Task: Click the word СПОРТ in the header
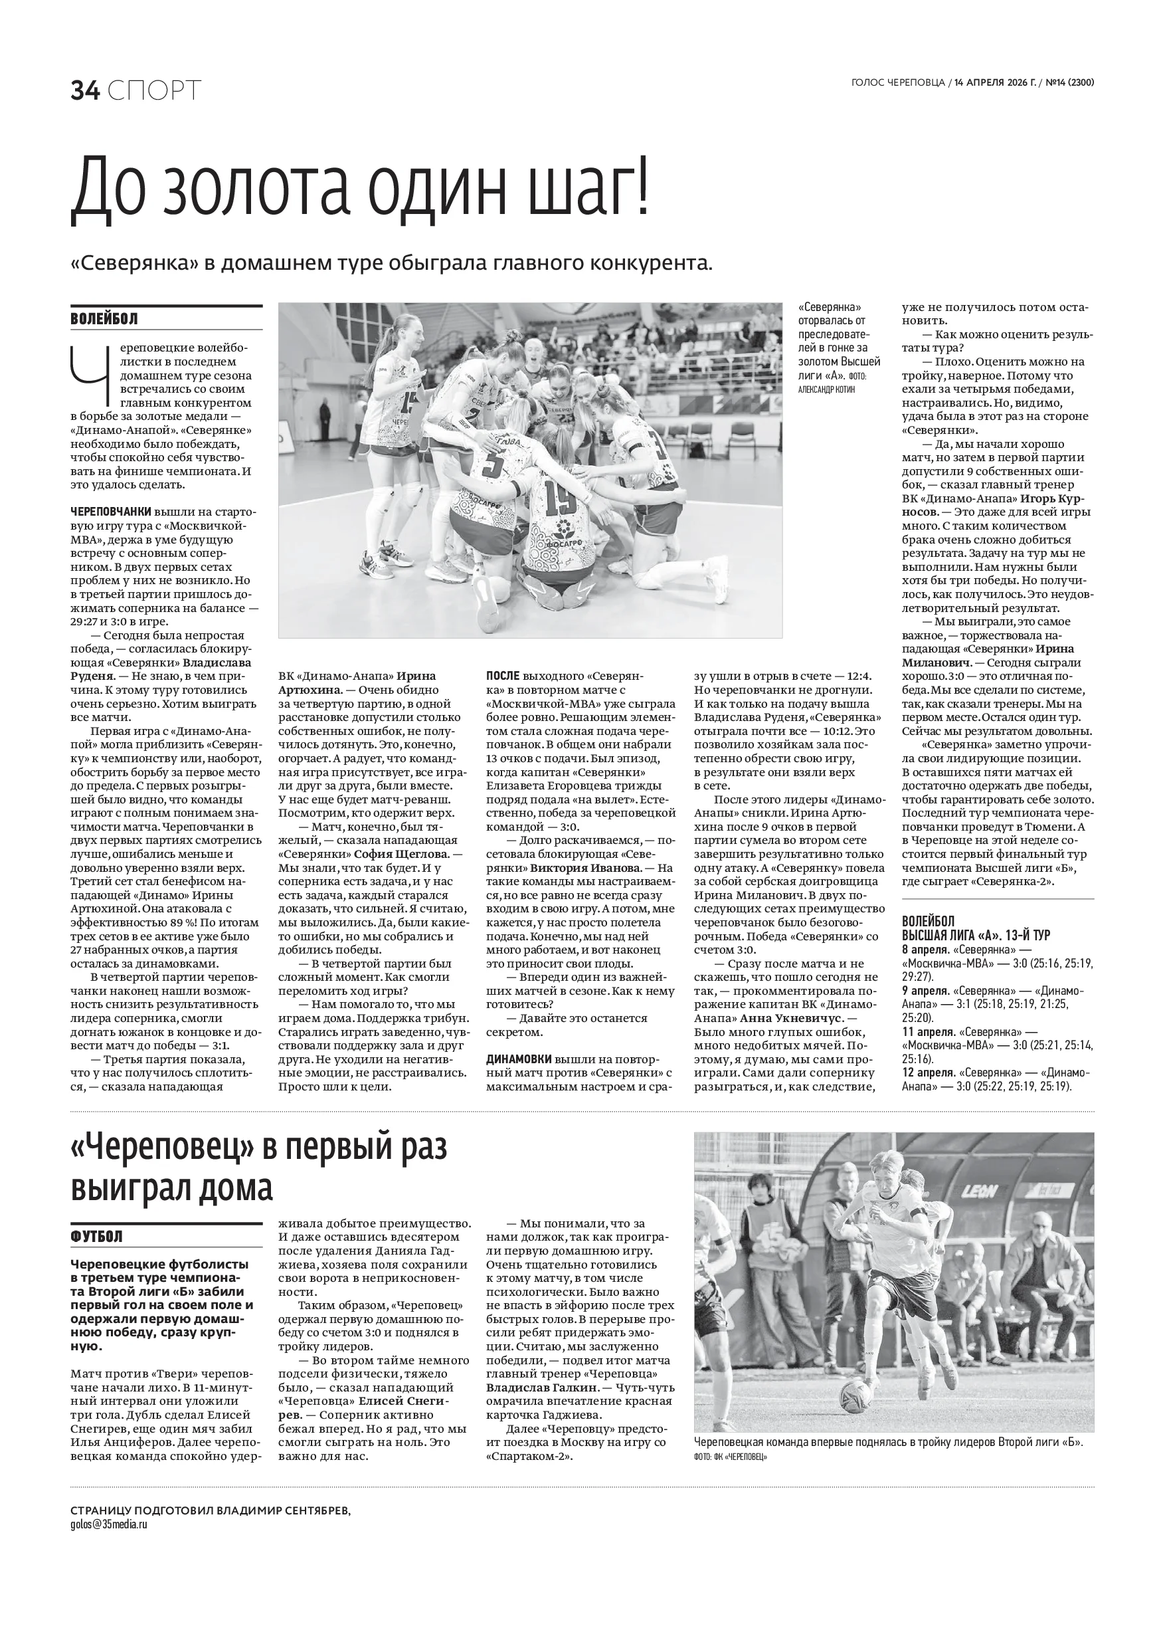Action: (x=155, y=91)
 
